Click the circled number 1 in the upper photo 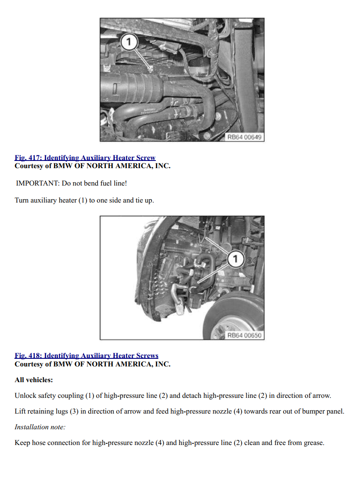pos(129,41)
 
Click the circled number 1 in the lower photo pos(235,259)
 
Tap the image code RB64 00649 pos(244,137)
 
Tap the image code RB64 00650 pos(244,335)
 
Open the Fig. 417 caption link pos(85,158)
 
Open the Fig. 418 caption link pos(87,356)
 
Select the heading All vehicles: pos(34,380)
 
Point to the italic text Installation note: pos(40,427)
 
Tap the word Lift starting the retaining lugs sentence pos(20,411)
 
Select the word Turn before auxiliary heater pos(21,200)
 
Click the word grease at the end pos(314,443)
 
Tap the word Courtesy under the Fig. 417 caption pos(29,166)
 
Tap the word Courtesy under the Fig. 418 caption pos(29,364)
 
